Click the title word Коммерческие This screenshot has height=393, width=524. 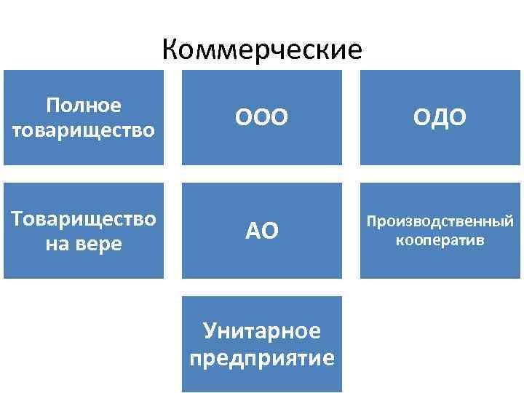point(262,50)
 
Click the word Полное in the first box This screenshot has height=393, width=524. point(83,106)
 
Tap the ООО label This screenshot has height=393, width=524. point(261,117)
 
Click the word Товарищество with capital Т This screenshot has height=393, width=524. point(83,219)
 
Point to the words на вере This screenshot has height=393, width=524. point(83,244)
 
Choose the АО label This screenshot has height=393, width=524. point(261,231)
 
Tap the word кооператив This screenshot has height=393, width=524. point(440,239)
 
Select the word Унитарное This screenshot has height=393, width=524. point(262,331)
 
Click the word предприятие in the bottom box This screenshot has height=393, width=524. point(262,358)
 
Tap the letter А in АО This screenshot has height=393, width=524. point(253,231)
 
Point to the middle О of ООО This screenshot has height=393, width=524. point(261,117)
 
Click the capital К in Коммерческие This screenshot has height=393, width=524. point(170,50)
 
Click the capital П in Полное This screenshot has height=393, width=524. point(52,106)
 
